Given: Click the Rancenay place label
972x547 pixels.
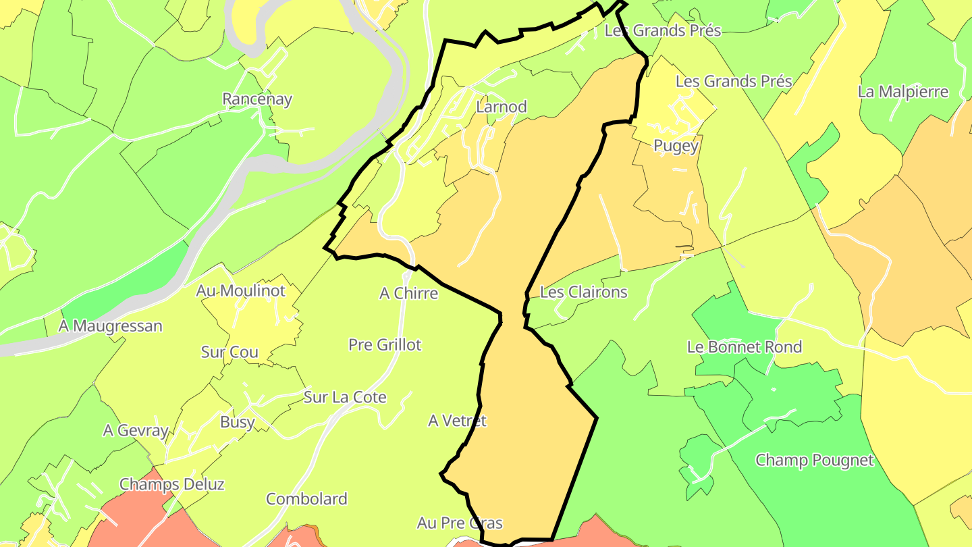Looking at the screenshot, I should (x=257, y=99).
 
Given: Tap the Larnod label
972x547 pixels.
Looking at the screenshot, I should (x=502, y=107).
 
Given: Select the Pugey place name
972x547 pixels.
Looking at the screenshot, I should (x=676, y=146).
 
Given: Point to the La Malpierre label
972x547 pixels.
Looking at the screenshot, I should (x=903, y=92).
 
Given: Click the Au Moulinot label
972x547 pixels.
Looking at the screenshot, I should (x=241, y=291).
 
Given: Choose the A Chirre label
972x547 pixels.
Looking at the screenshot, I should (x=408, y=293).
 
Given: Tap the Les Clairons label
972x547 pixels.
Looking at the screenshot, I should (x=584, y=292).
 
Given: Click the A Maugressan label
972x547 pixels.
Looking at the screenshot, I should (x=111, y=326).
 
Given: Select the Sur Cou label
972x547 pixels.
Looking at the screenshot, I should (x=230, y=352).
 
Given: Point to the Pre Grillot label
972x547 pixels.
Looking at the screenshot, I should (x=385, y=345).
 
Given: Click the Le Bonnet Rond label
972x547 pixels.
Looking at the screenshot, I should (x=745, y=347).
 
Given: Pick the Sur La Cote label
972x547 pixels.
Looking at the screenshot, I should (x=345, y=397).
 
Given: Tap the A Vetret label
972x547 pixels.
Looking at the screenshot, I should (x=457, y=421).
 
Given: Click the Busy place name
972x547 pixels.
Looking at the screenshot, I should (x=238, y=423).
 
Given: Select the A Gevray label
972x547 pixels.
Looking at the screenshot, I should (x=135, y=430).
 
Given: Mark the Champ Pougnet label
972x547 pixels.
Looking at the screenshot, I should (x=814, y=461).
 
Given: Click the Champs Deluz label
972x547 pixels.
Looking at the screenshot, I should (x=172, y=484).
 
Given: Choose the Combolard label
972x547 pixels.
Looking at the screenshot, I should (x=306, y=499).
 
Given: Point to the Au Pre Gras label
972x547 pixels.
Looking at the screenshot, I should (x=460, y=523).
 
